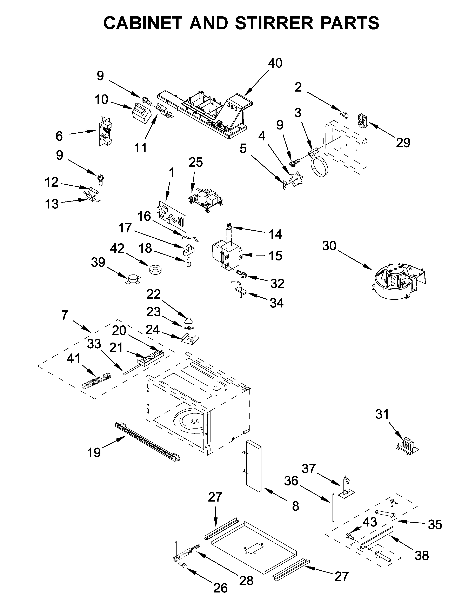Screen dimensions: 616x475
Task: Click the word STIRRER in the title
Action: [x=274, y=23]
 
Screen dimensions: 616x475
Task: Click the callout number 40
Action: [x=275, y=63]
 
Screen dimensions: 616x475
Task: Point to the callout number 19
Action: [x=94, y=452]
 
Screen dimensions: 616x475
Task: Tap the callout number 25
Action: [x=196, y=162]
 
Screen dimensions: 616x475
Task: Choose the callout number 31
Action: [x=382, y=414]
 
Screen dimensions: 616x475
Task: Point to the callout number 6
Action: [x=59, y=136]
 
